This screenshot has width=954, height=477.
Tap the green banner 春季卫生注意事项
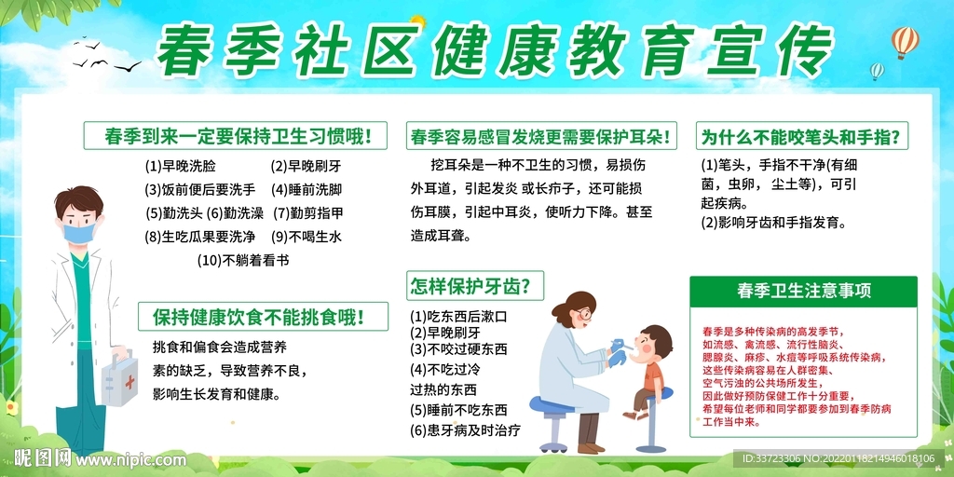point(803,291)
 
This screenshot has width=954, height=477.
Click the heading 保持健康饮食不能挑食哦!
point(258,317)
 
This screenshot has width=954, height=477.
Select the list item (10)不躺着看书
point(243,260)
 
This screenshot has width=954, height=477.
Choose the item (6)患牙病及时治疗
point(465,430)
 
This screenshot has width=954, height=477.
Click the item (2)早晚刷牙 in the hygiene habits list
point(306,167)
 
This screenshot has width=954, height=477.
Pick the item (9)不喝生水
point(307,237)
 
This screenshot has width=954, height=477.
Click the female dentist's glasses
point(581,315)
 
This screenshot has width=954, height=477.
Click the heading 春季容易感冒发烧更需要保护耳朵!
point(540,137)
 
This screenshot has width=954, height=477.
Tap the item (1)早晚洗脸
point(180,167)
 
